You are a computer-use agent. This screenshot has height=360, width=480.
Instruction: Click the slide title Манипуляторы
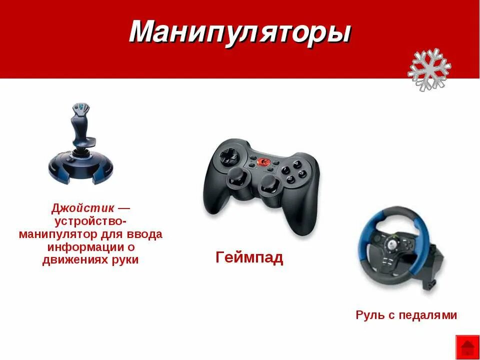[240, 33]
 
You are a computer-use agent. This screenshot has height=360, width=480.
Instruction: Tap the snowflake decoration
[429, 69]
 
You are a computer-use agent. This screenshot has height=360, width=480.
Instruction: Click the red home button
[467, 347]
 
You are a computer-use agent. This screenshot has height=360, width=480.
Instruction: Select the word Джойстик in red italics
[82, 207]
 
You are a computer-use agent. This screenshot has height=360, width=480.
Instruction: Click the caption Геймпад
[249, 258]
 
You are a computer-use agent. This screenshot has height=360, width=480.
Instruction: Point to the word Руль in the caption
[369, 315]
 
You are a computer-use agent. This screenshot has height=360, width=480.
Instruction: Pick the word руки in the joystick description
[126, 260]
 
